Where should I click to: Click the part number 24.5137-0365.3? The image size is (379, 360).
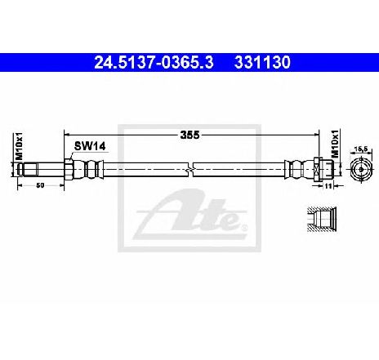(154, 63)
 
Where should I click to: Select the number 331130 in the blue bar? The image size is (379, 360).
(262, 63)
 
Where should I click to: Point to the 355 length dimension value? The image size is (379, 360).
(189, 135)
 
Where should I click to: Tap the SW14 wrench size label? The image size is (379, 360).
(90, 146)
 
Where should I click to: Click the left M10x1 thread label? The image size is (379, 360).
(19, 146)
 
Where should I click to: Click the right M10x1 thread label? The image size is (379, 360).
(335, 144)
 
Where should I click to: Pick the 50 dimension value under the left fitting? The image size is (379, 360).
(40, 185)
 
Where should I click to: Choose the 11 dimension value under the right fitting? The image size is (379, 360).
(328, 186)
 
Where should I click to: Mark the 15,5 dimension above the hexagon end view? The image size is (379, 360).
(361, 149)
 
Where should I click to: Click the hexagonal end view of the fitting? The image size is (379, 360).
(361, 169)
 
